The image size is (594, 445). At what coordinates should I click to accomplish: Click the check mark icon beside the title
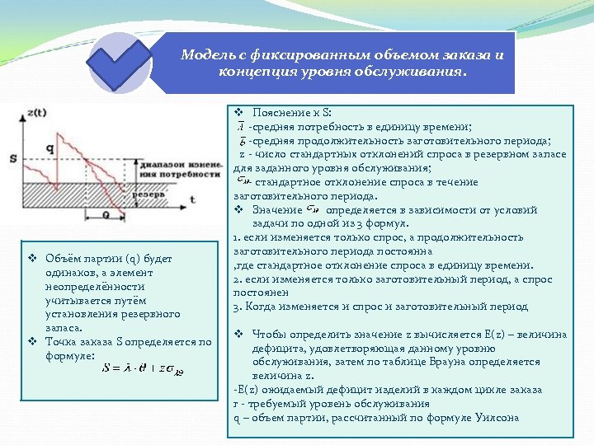(120, 63)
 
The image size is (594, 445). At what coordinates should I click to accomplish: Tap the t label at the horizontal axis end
(192, 199)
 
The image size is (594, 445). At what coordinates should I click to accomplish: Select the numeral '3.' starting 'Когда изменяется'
(238, 307)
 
